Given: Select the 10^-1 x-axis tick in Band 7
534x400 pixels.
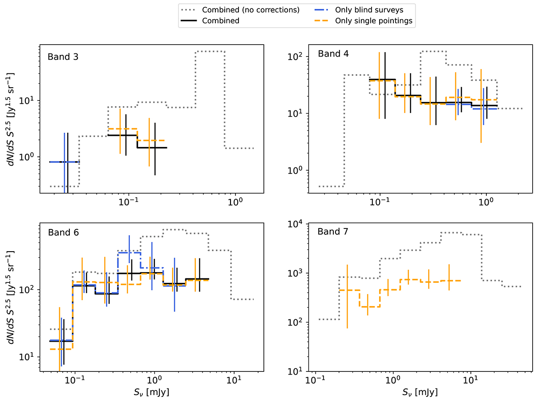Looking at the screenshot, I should click(x=315, y=381).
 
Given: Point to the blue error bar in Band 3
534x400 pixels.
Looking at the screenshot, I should click(x=65, y=162).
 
